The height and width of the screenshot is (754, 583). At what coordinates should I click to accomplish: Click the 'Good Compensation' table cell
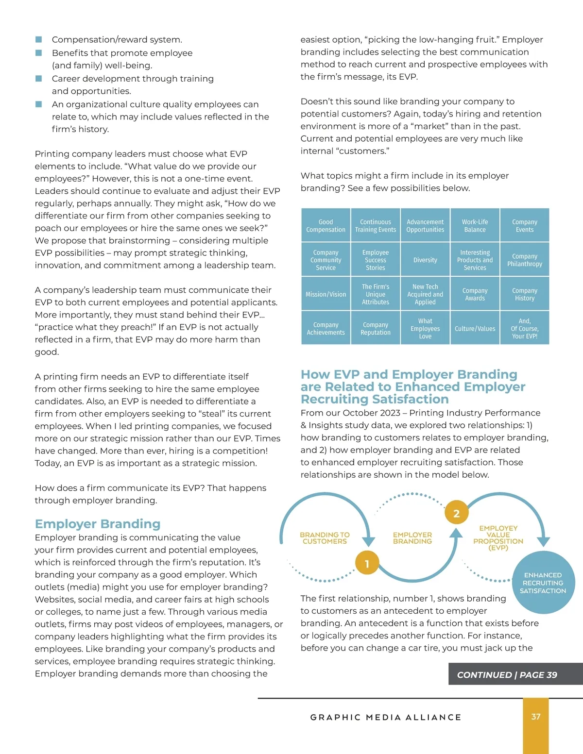point(326,226)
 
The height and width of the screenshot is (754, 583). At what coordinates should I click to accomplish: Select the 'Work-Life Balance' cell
point(475,226)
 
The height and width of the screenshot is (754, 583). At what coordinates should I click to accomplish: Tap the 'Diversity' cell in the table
point(425,260)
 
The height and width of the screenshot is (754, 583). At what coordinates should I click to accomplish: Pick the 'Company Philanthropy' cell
point(525,260)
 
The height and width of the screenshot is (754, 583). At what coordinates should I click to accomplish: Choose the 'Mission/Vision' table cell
point(326,294)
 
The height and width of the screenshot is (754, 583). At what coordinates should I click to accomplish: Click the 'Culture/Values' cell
point(475,329)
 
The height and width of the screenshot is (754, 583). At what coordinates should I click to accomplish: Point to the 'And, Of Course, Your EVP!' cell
point(525,329)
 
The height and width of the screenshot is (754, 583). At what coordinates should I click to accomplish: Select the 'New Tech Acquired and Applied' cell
point(425,294)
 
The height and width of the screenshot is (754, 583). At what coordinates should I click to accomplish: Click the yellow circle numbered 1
point(367,564)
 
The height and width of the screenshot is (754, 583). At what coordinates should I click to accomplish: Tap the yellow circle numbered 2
point(456,513)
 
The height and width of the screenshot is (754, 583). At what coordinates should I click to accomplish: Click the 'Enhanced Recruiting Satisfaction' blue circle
point(543,583)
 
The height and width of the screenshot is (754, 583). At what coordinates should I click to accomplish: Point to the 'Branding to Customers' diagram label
point(325,538)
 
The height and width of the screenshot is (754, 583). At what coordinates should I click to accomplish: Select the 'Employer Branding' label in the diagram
point(412,538)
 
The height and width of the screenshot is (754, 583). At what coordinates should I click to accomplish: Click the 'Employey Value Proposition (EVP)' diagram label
point(498,538)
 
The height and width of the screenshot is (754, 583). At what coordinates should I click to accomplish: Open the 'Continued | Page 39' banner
point(507,675)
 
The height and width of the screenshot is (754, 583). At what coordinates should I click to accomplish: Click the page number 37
point(536,717)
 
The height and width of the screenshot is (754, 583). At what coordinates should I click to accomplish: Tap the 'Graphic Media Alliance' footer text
point(386,717)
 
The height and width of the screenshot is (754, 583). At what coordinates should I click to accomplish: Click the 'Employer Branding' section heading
point(98,524)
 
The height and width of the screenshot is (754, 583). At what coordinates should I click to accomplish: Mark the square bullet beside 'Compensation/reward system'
point(39,39)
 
